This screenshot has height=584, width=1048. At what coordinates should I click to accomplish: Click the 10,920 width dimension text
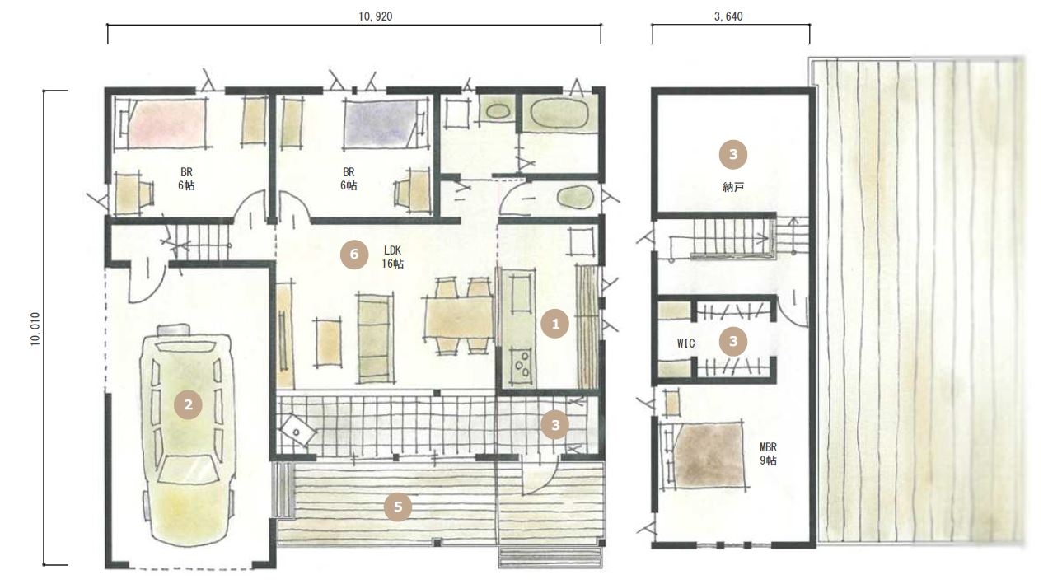pyautogui.click(x=375, y=16)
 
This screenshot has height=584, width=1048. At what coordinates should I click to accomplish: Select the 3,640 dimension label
pyautogui.click(x=728, y=16)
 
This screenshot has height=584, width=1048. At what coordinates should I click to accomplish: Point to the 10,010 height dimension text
pyautogui.click(x=35, y=329)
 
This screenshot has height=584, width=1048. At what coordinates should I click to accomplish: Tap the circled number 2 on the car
pyautogui.click(x=188, y=404)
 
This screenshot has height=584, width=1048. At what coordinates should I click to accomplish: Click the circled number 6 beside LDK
pyautogui.click(x=354, y=255)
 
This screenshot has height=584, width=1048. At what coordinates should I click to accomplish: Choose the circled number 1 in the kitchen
pyautogui.click(x=555, y=324)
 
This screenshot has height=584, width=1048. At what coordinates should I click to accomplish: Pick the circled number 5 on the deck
pyautogui.click(x=398, y=507)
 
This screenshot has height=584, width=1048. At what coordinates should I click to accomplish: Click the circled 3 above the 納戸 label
pyautogui.click(x=733, y=154)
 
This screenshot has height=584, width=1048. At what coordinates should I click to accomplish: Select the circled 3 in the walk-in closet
pyautogui.click(x=733, y=341)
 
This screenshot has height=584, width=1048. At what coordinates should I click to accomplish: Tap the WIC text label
pyautogui.click(x=685, y=343)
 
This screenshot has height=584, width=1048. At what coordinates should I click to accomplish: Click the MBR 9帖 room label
pyautogui.click(x=768, y=454)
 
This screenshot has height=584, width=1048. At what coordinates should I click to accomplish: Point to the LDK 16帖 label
pyautogui.click(x=392, y=257)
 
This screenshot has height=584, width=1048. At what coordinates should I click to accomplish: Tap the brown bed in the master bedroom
pyautogui.click(x=708, y=455)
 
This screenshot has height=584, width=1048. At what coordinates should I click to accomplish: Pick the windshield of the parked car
pyautogui.click(x=189, y=468)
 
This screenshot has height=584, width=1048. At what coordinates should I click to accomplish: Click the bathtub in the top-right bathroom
pyautogui.click(x=559, y=114)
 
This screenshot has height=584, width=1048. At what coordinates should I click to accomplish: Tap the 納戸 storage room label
pyautogui.click(x=733, y=188)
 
